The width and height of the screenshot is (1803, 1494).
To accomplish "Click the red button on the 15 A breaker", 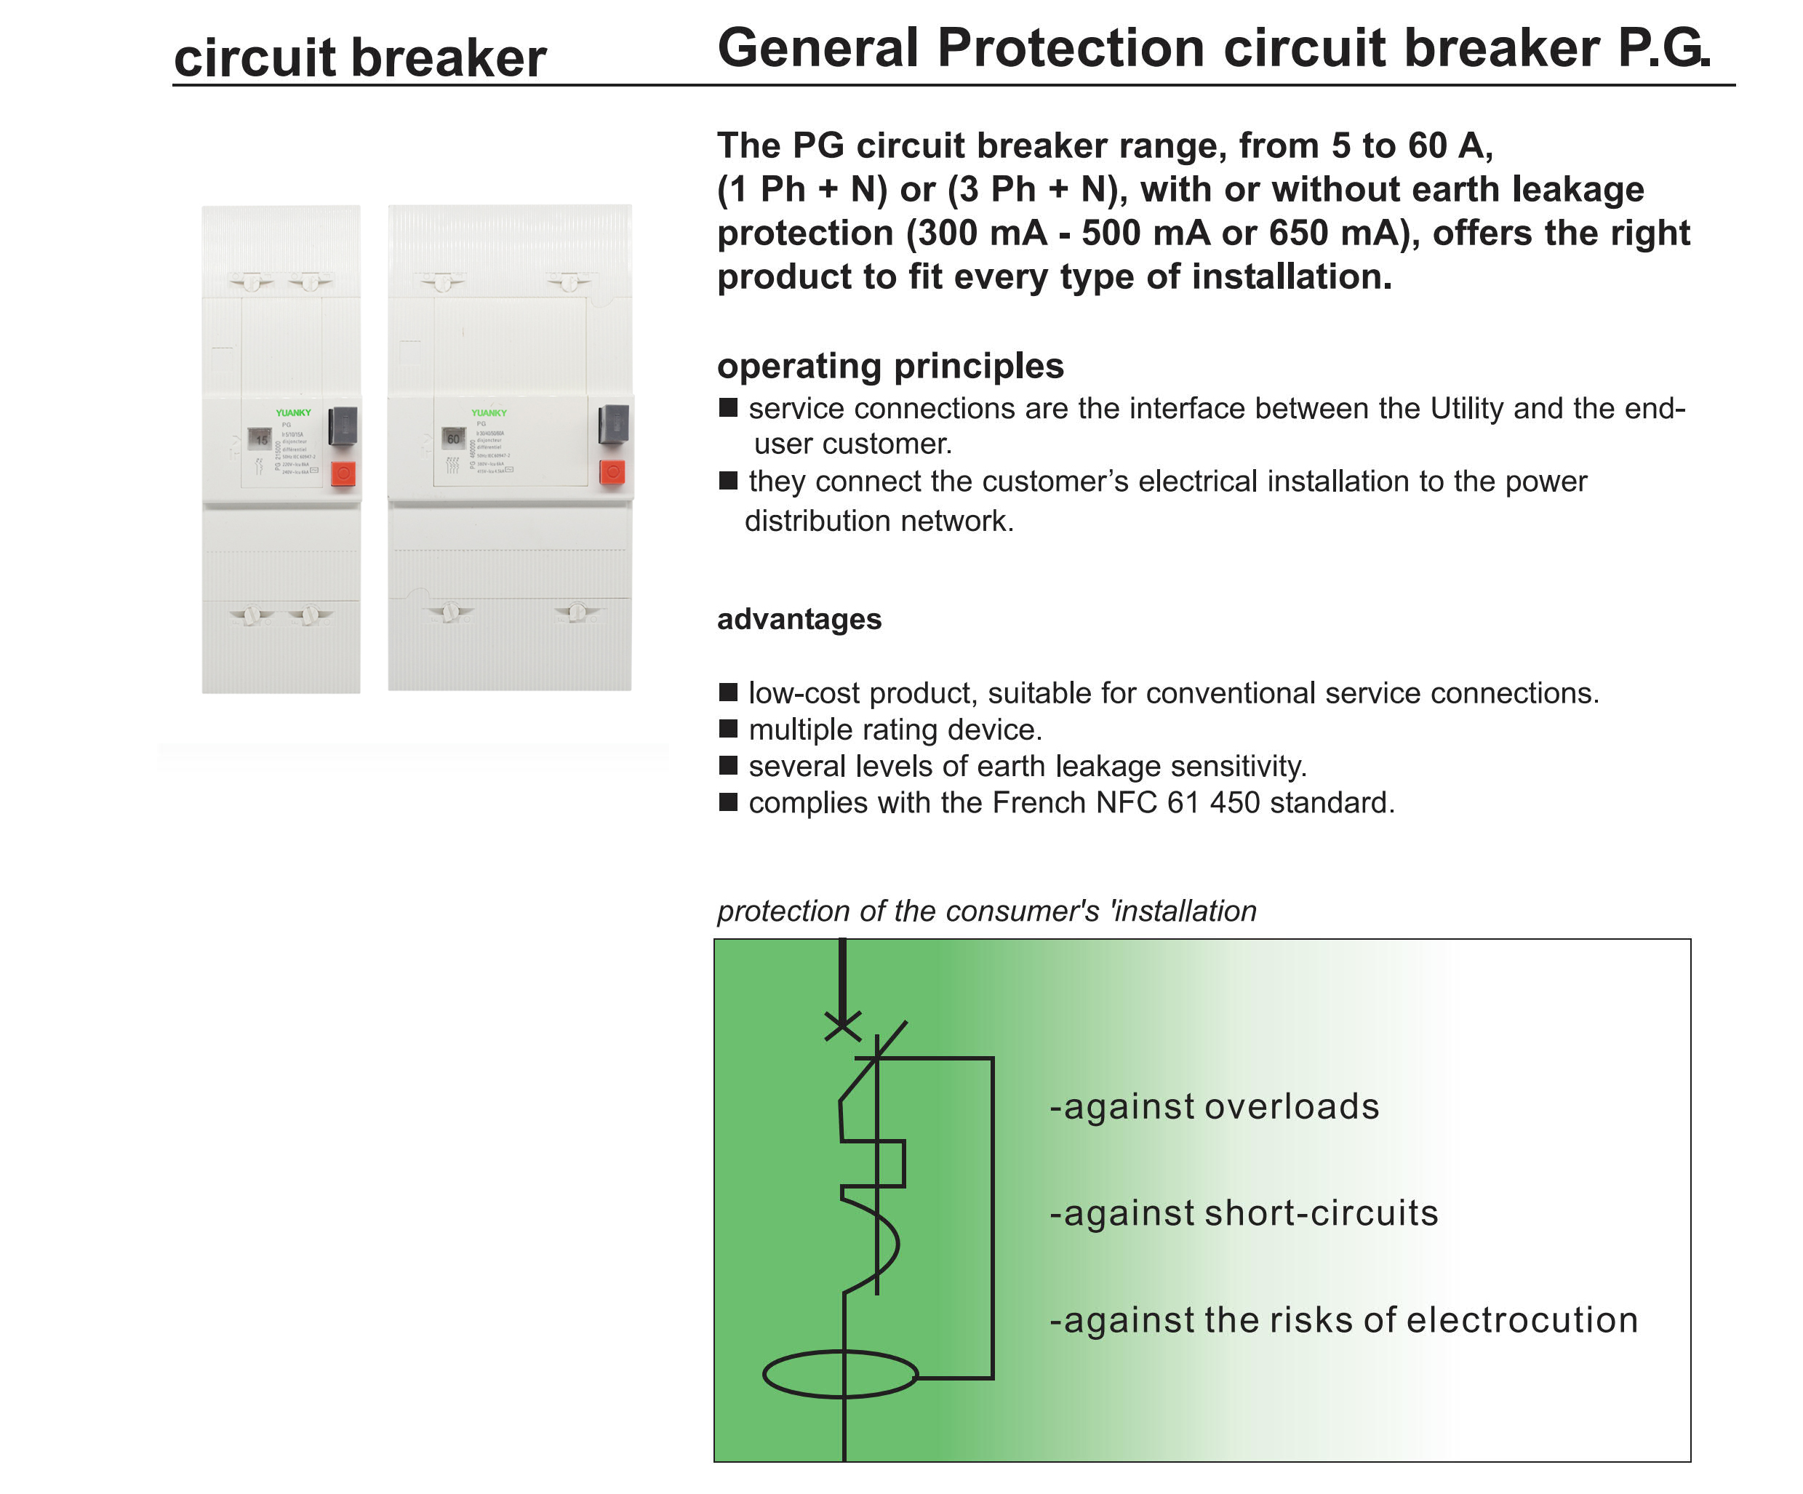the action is [343, 473].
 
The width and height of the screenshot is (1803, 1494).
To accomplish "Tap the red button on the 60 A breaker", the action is [612, 471].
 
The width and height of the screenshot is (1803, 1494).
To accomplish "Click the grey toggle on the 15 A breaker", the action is [343, 427].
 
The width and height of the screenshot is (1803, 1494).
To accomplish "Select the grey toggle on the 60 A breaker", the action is [613, 424].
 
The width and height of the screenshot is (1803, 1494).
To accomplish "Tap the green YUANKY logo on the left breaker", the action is [293, 413].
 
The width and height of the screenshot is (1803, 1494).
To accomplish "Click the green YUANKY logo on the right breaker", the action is [489, 413].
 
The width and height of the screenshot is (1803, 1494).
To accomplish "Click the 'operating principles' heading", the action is [890, 366].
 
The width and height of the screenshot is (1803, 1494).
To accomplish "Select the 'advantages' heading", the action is [799, 619].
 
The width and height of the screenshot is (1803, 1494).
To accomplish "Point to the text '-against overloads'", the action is [1214, 1107].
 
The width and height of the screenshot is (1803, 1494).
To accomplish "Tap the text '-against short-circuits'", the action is [1243, 1213].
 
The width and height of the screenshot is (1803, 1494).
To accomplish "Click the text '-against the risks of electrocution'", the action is [1343, 1319].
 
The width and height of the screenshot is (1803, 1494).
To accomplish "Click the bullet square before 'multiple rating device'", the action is [728, 729].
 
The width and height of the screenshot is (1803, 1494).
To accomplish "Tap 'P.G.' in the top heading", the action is [1663, 48].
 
